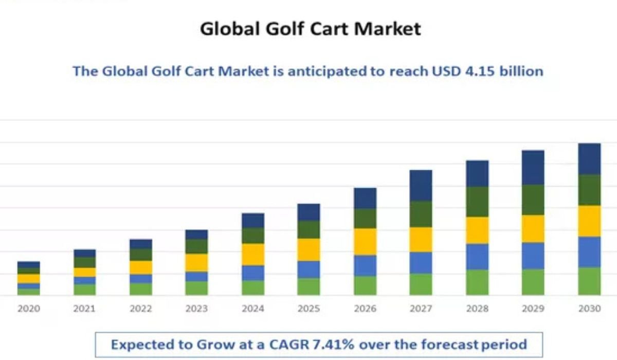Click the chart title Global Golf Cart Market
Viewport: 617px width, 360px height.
pyautogui.click(x=310, y=28)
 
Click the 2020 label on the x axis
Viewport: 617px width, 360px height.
pyautogui.click(x=28, y=309)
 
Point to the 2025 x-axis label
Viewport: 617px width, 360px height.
pyautogui.click(x=308, y=309)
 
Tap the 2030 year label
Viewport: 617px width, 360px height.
pyautogui.click(x=589, y=309)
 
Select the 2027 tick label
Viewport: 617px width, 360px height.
pyautogui.click(x=421, y=309)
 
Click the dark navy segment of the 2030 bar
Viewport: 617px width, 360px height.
pyautogui.click(x=589, y=159)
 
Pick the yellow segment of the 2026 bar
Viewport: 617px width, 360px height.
pyautogui.click(x=365, y=242)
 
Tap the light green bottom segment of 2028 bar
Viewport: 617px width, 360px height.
pyautogui.click(x=477, y=282)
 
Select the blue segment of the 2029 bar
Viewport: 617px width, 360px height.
pyautogui.click(x=533, y=256)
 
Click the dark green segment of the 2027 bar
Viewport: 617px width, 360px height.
pyautogui.click(x=421, y=214)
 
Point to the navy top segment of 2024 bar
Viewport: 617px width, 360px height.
pyautogui.click(x=253, y=220)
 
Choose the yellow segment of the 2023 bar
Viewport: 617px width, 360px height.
pyautogui.click(x=196, y=262)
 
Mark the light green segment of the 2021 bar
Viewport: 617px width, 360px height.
pyautogui.click(x=84, y=290)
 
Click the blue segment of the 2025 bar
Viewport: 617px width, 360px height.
pyautogui.click(x=308, y=269)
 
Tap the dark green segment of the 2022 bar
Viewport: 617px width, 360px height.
pyautogui.click(x=140, y=255)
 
